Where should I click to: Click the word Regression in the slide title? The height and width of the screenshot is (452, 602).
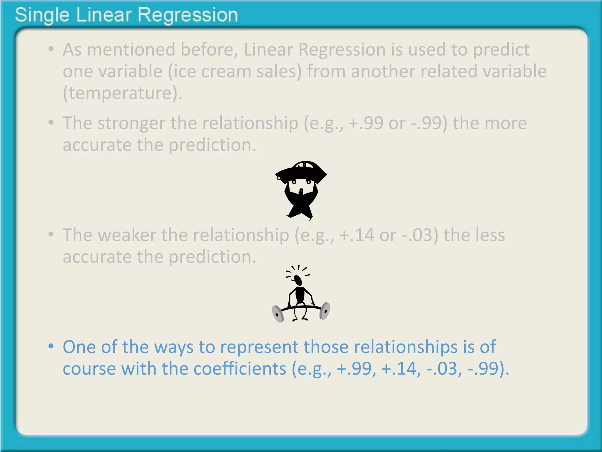point(188,15)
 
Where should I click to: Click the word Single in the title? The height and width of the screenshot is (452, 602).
point(42,15)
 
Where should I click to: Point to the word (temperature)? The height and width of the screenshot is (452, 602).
point(122,93)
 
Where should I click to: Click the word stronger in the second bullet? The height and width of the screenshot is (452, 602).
point(131,123)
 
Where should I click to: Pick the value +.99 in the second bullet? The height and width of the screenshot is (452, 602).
point(366,123)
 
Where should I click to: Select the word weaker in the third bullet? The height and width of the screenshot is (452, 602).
point(126,235)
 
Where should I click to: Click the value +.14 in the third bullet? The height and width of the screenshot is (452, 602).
point(357,235)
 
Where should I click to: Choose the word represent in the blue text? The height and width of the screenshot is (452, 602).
point(259,347)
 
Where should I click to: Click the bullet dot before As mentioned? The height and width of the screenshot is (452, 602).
point(51,49)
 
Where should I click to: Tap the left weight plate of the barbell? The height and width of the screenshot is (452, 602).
point(277,314)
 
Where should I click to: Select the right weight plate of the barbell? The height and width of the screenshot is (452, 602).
point(325,311)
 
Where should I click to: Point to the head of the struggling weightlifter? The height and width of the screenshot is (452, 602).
point(298,280)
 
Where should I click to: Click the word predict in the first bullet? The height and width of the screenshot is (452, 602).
point(501,49)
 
